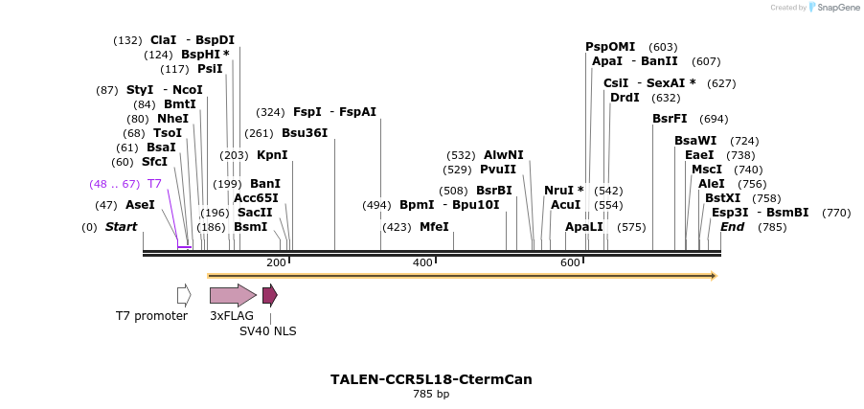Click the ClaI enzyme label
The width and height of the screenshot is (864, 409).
163,40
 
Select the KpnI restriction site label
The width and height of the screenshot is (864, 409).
272,155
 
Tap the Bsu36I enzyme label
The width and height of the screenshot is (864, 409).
305,133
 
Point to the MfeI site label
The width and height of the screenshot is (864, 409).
434,227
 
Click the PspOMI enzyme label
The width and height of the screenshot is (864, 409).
610,47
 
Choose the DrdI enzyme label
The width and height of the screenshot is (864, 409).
625,98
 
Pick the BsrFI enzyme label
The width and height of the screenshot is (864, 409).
670,119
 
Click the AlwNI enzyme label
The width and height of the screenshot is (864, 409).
504,155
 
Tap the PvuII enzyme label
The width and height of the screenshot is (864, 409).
498,170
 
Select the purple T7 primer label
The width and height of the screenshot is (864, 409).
154,183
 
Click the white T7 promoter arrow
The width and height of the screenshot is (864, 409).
184,295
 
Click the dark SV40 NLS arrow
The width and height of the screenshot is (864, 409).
270,295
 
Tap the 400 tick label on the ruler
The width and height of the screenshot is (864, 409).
422,262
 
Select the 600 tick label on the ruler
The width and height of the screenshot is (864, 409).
570,262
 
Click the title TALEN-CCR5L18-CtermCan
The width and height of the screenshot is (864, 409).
431,379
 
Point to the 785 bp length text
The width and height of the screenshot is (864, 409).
431,394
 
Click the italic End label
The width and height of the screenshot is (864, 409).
733,227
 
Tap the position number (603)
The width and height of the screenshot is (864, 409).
663,47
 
